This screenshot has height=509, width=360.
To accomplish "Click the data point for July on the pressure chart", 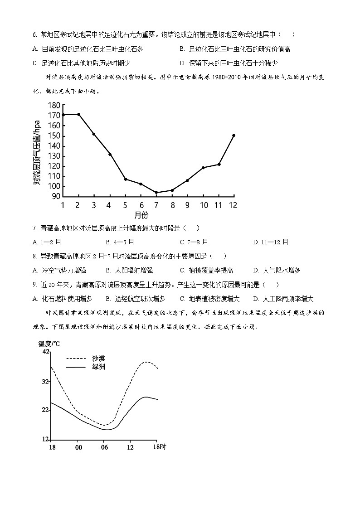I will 156,193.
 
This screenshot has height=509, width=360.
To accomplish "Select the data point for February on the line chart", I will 78,114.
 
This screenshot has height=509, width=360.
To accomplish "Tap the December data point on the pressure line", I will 234,136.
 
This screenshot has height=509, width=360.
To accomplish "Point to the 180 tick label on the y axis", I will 54,106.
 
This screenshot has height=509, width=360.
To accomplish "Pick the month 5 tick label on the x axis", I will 125,205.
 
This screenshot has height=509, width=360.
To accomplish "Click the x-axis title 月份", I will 141,215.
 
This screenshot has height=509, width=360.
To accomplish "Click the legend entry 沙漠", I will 98,359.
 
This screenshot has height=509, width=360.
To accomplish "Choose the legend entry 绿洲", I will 98,367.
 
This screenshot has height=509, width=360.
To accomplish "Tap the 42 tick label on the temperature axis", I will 45,352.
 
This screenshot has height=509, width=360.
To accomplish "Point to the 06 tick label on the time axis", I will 105,447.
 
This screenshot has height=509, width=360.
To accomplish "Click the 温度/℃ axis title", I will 49,343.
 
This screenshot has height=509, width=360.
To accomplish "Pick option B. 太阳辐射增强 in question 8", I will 122,271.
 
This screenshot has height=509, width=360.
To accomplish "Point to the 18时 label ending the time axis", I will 160,447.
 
